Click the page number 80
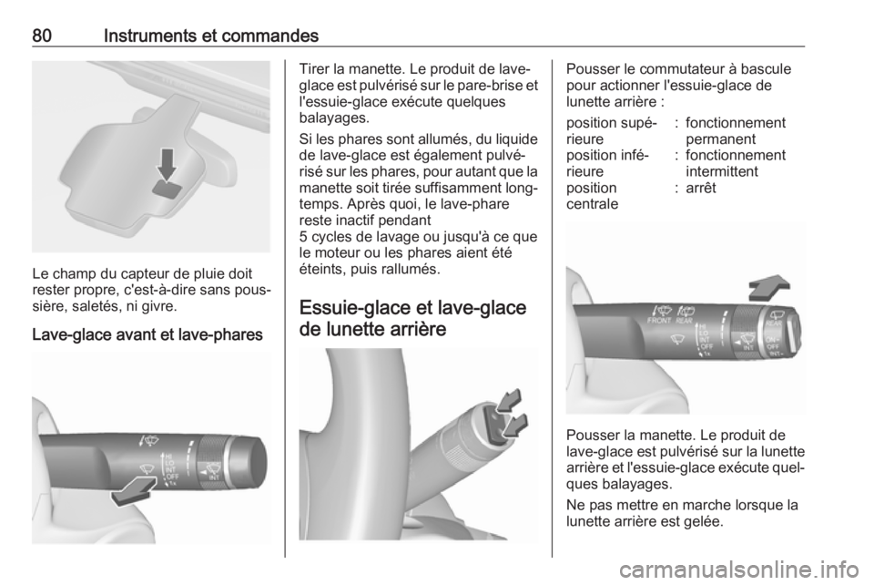pos(42,36)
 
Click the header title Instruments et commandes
pos(210,36)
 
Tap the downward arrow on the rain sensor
pos(166,164)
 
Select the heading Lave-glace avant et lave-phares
pos(147,334)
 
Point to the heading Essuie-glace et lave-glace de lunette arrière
pos(412,318)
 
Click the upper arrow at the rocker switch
pos(508,400)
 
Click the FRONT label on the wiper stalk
pos(659,321)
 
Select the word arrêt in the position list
pos(701,188)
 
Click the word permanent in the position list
pos(721,139)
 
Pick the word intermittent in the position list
pos(722,171)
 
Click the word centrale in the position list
pos(592,203)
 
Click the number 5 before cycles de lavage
pos(303,237)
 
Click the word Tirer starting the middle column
pos(314,70)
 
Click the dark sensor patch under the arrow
pos(168,190)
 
